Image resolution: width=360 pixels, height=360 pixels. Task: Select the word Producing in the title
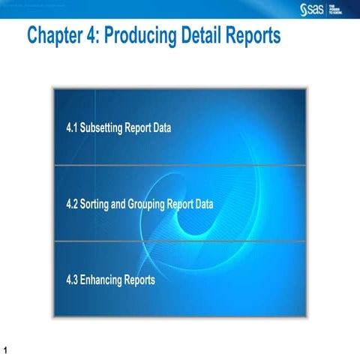coord(147,35)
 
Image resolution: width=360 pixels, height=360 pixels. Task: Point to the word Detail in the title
coord(208,35)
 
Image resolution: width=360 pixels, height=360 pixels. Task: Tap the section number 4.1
coord(73,127)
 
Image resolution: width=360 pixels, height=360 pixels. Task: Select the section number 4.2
coord(73,203)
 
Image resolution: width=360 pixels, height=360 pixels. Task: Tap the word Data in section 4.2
coord(204,203)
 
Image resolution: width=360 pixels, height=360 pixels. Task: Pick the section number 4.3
coord(73,280)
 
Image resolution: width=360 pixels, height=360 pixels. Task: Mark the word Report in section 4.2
coord(182,203)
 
